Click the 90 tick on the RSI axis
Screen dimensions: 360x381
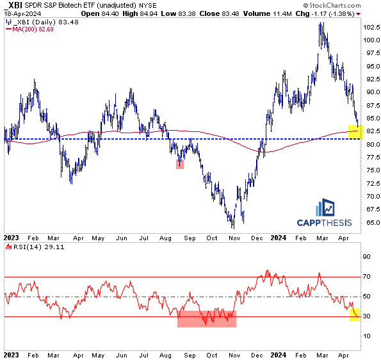(x=368, y=257)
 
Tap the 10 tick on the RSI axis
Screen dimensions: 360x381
(x=368, y=336)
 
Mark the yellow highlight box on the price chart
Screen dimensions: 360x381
(x=355, y=132)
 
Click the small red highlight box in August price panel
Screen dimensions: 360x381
(x=181, y=165)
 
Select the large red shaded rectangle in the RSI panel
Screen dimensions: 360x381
(x=207, y=318)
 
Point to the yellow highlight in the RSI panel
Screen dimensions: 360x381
(x=354, y=315)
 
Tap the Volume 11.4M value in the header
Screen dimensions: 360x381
(x=252, y=13)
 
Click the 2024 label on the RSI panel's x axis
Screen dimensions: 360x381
(x=277, y=354)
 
